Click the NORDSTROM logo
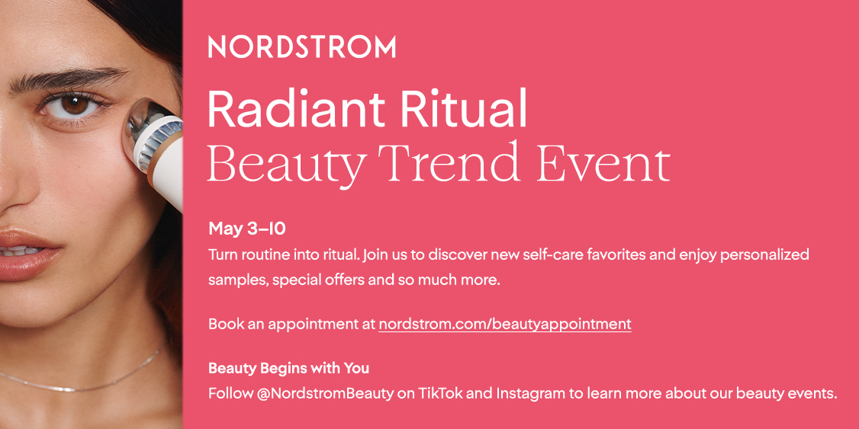tap(302, 46)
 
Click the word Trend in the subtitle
tap(458, 163)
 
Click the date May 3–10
tap(247, 229)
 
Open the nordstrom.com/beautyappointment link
tap(504, 324)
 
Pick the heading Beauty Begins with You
tap(288, 369)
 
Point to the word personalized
tap(766, 255)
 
